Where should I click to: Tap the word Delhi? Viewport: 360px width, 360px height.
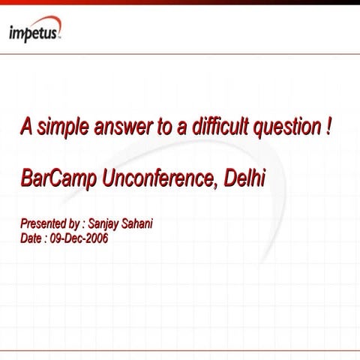tap(245, 180)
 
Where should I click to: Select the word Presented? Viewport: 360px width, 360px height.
tap(44, 223)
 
